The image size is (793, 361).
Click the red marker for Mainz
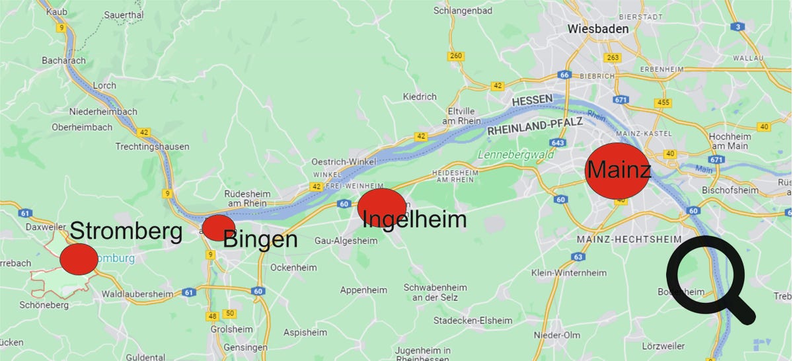pyautogui.click(x=615, y=171)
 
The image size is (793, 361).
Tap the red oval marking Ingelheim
pyautogui.click(x=381, y=207)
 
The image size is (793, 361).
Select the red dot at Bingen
pyautogui.click(x=217, y=227)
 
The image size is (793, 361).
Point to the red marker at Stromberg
pyautogui.click(x=79, y=259)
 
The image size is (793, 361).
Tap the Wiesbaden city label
pyautogui.click(x=598, y=29)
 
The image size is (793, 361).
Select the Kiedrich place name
pyautogui.click(x=420, y=97)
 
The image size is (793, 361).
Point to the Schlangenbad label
pyautogui.click(x=463, y=11)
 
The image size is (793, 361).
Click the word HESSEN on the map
pyautogui.click(x=532, y=100)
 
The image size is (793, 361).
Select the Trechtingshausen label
pyautogui.click(x=152, y=146)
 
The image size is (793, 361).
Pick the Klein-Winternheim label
pyautogui.click(x=569, y=273)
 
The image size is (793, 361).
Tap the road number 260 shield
pyautogui.click(x=455, y=56)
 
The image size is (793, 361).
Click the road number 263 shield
pyautogui.click(x=613, y=58)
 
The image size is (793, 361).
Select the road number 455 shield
pyautogui.click(x=663, y=102)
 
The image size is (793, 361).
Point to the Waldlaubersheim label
pyautogui.click(x=137, y=294)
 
